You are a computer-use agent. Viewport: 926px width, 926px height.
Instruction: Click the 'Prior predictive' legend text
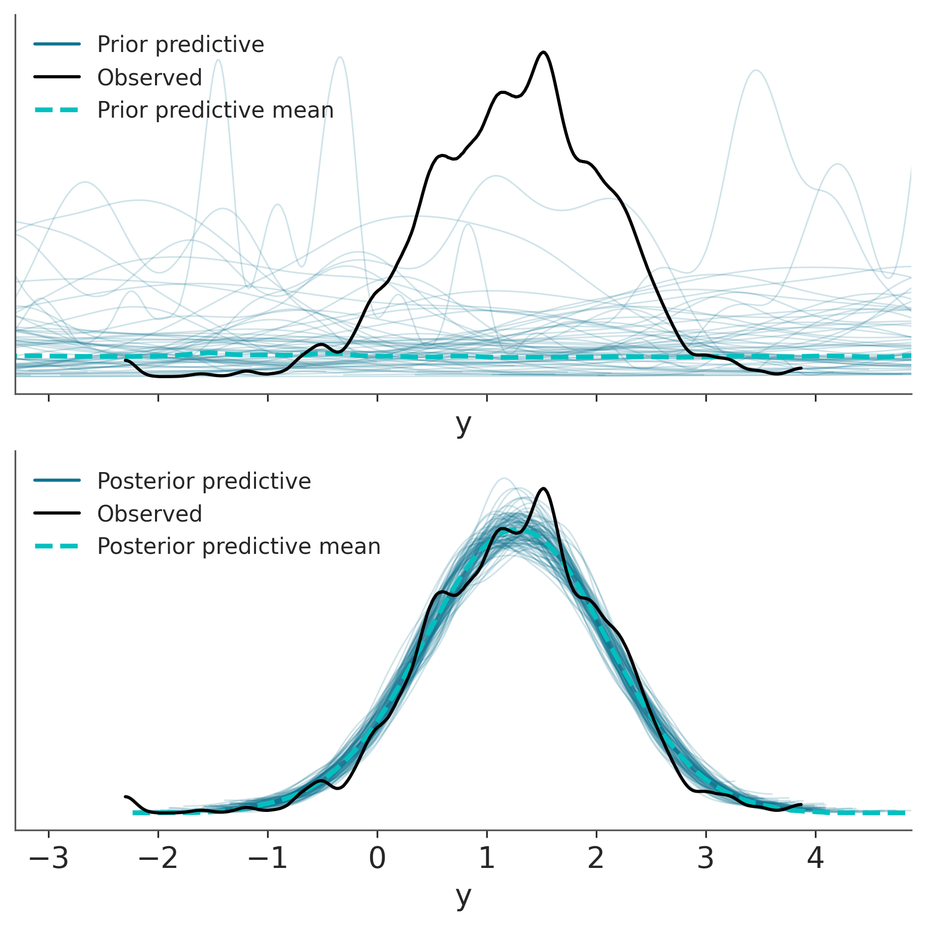coord(180,44)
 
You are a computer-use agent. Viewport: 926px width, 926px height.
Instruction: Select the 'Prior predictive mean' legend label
coord(215,110)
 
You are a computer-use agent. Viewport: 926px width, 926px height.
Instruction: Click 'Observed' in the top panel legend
coord(149,77)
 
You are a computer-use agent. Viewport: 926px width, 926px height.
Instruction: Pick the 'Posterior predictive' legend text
coord(204,481)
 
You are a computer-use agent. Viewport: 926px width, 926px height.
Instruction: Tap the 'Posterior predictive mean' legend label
coord(238,546)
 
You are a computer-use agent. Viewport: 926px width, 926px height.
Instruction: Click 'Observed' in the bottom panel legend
coord(149,513)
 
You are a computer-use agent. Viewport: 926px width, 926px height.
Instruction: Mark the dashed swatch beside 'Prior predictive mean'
coord(57,110)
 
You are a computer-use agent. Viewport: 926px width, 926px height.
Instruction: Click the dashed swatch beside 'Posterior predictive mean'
coord(57,546)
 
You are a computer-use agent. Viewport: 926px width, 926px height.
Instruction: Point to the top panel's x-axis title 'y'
coord(463,424)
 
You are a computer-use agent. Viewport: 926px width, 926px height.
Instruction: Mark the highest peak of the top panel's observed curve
coord(543,52)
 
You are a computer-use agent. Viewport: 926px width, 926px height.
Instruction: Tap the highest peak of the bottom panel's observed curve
coord(543,488)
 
